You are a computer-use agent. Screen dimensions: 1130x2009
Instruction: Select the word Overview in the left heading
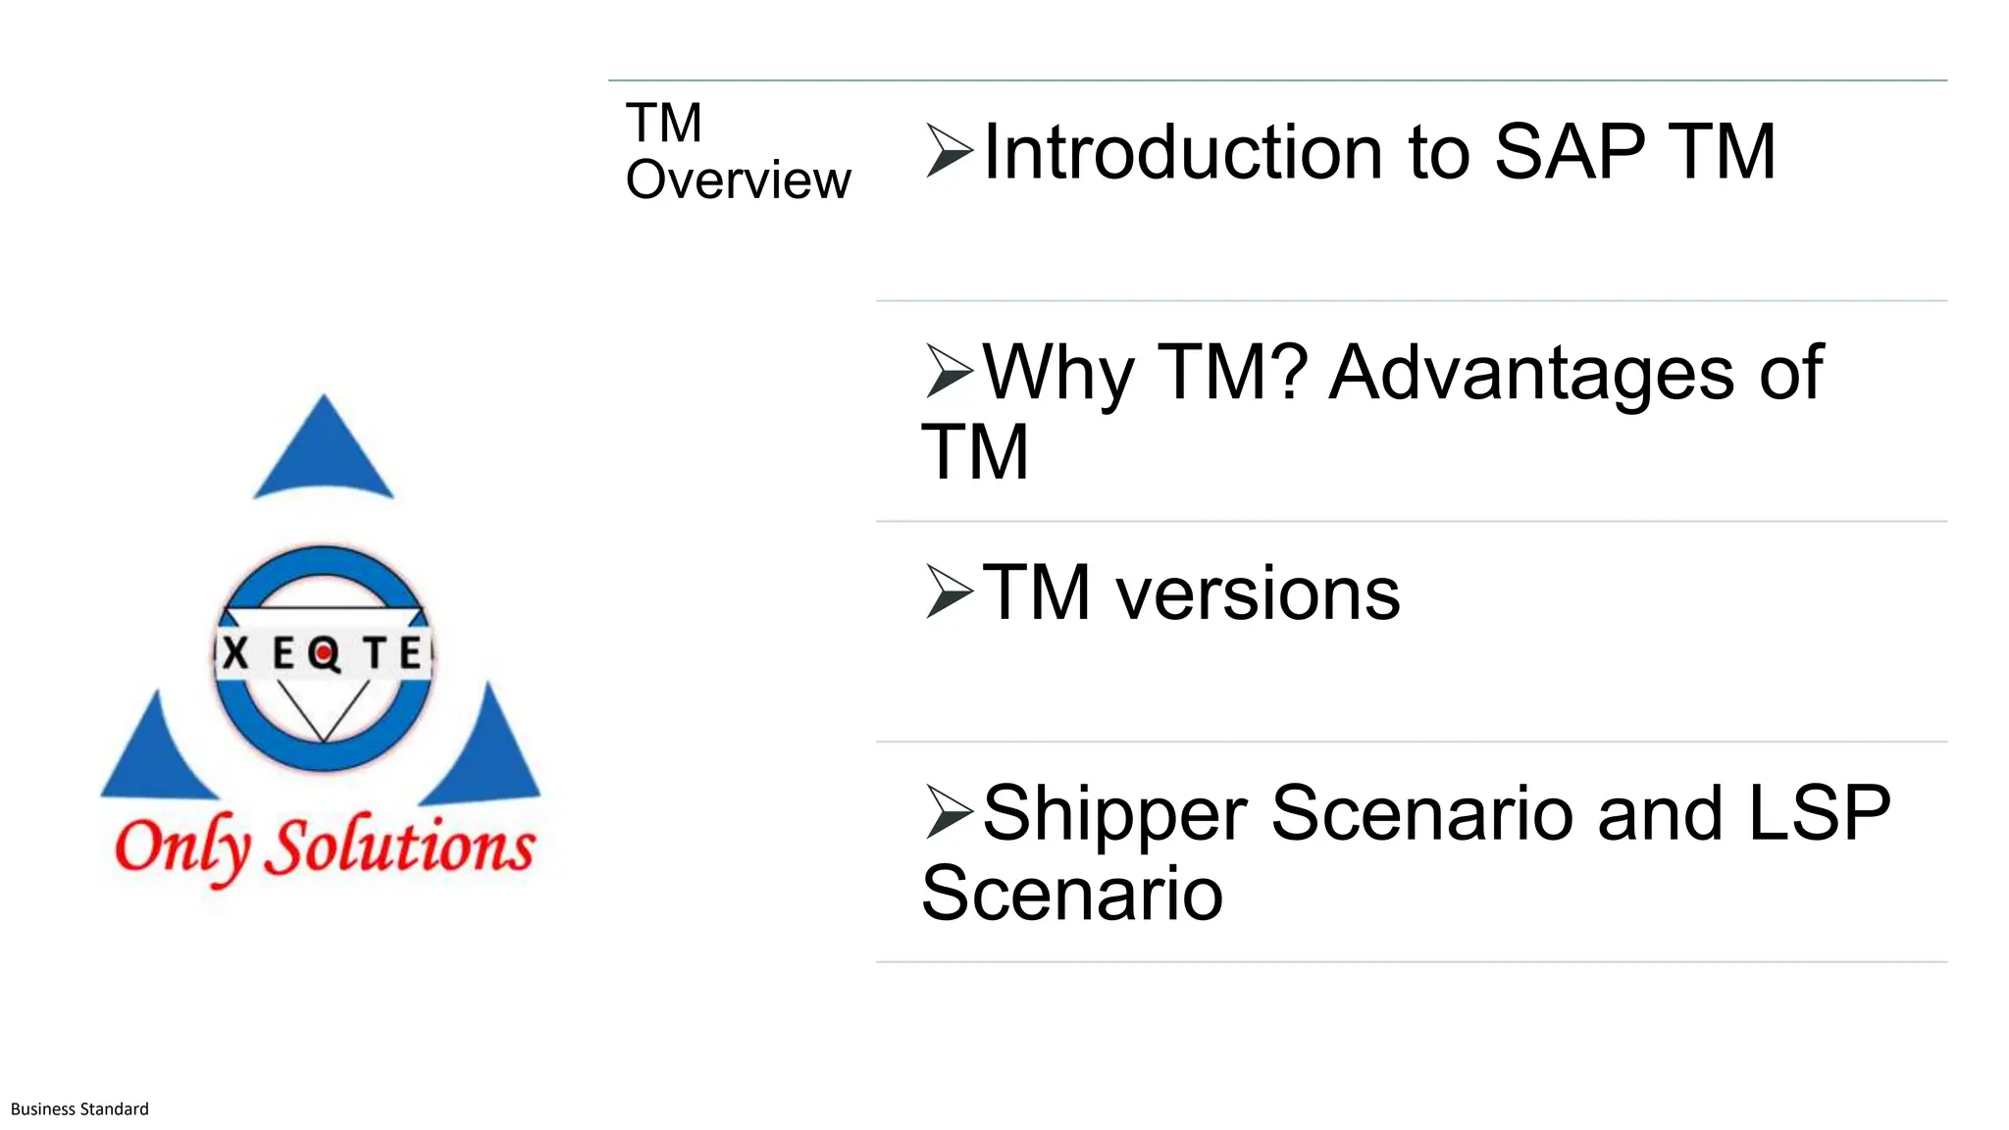click(738, 180)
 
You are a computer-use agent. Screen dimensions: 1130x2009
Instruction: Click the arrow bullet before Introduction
click(948, 151)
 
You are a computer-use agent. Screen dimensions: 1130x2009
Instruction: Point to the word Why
click(1057, 373)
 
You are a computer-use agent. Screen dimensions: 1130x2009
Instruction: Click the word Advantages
click(1531, 373)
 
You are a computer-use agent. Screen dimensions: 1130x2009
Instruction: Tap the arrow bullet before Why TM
click(948, 372)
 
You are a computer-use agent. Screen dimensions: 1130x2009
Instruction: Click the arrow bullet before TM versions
click(948, 592)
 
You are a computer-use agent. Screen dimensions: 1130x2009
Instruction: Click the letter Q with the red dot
click(322, 653)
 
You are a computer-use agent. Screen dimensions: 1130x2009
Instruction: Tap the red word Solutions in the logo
click(402, 846)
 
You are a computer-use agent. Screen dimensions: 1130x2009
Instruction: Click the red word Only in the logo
click(182, 847)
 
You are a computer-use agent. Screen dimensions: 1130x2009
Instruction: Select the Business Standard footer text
click(79, 1109)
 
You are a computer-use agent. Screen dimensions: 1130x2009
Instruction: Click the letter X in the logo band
click(235, 652)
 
